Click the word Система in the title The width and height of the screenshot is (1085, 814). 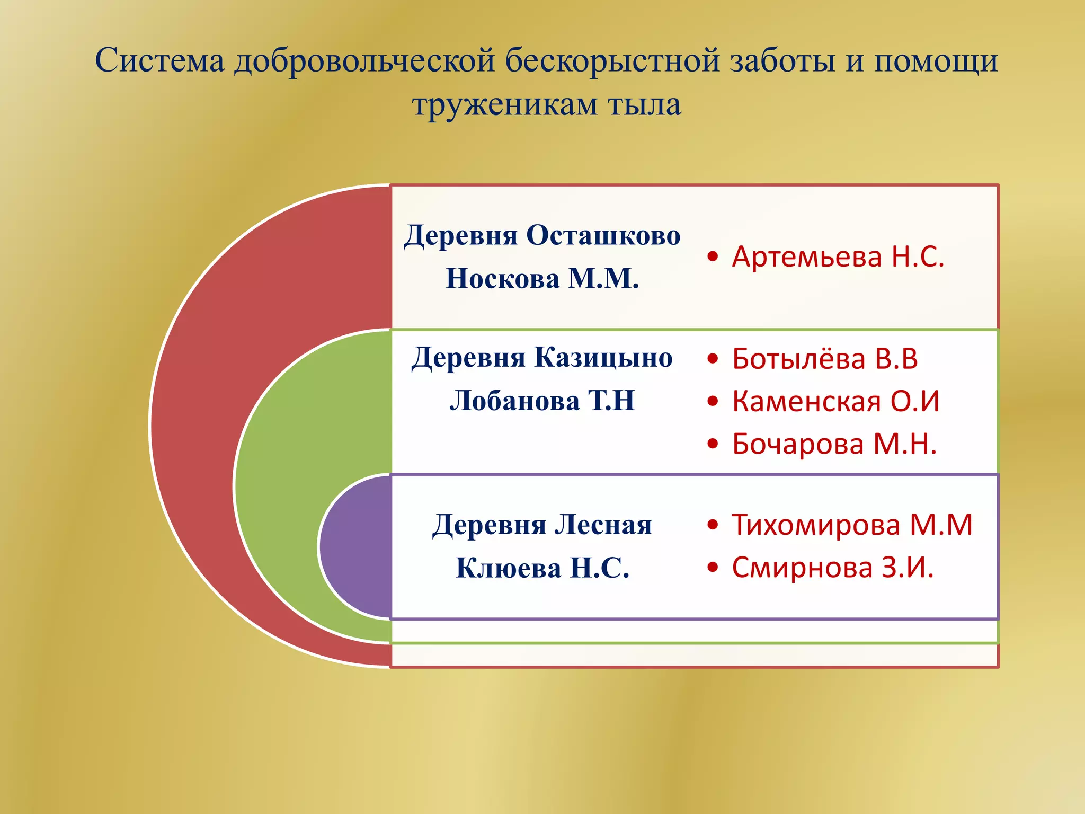[x=160, y=60]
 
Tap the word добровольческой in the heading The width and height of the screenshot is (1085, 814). [x=365, y=60]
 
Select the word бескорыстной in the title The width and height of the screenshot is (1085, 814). [x=612, y=60]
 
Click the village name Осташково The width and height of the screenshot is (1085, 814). [x=603, y=235]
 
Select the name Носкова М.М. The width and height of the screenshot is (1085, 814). [x=542, y=278]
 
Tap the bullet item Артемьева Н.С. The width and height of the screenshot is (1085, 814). [x=838, y=257]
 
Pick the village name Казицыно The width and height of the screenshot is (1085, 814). [x=603, y=357]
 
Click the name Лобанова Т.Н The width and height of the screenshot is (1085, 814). [x=542, y=401]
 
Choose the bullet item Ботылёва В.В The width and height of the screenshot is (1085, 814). [x=824, y=359]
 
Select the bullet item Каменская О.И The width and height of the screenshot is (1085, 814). [x=835, y=401]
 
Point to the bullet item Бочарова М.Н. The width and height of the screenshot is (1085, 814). [x=834, y=444]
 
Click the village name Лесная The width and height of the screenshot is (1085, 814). [x=603, y=525]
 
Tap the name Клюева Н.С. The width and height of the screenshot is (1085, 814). [x=542, y=568]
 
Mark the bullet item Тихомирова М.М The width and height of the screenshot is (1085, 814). [x=852, y=525]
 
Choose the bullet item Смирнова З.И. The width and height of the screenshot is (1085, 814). [x=832, y=568]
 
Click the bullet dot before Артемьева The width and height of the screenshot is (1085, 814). [x=713, y=257]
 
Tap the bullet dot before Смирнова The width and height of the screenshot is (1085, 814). [x=713, y=568]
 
